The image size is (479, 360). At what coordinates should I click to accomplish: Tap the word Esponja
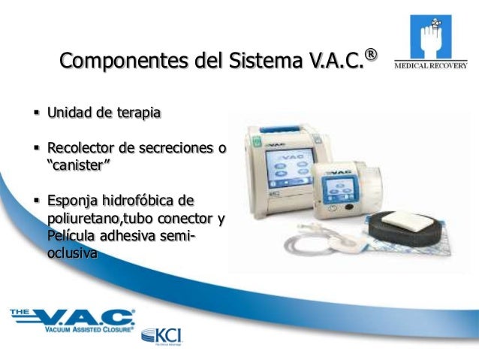point(74,201)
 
